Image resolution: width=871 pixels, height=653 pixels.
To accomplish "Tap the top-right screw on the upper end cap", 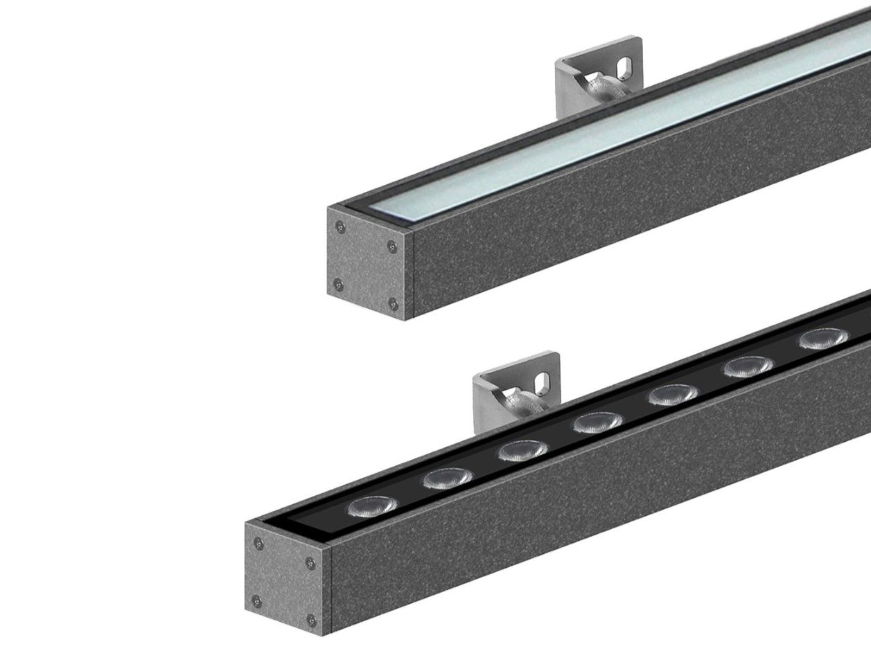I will coord(393,245).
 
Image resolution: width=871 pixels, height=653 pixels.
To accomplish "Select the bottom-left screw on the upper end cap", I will coord(338,283).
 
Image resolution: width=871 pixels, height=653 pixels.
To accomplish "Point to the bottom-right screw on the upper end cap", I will coord(393,302).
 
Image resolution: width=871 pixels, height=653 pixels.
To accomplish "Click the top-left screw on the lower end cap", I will coord(258,542).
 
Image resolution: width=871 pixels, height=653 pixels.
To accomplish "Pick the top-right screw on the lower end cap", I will coord(312,562).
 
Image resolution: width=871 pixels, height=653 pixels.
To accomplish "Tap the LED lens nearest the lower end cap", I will coord(373,506).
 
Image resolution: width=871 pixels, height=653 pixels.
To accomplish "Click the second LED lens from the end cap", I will coord(448,478).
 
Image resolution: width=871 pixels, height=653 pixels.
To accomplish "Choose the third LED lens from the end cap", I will coord(522,451).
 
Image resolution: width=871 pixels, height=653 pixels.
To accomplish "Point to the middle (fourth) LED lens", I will coord(597,422).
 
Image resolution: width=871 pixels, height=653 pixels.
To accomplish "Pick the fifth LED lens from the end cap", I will coord(673,395).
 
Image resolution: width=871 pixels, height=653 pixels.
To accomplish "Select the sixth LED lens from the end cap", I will coord(749,367).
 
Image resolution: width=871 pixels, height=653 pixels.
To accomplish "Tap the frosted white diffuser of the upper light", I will coord(624,132).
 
